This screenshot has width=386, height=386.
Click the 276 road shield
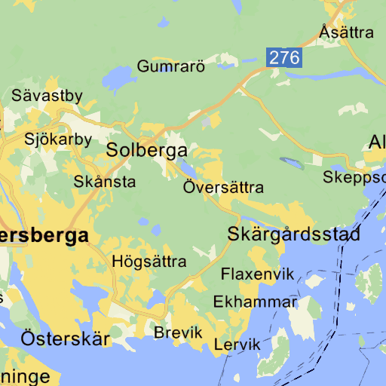(284, 57)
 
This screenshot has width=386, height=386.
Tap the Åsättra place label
(346, 32)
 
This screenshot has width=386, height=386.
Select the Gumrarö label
(171, 66)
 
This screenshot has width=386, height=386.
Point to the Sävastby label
(47, 96)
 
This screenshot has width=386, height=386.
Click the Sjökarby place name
(58, 139)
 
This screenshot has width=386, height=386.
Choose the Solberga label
(146, 150)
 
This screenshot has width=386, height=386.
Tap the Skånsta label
(105, 182)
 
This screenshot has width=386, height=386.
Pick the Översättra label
(223, 187)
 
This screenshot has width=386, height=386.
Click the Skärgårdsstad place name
(294, 234)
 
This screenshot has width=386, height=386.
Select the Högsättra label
(149, 262)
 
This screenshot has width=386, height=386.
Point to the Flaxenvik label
(257, 274)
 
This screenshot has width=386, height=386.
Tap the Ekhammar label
(255, 302)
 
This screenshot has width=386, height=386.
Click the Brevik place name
(179, 332)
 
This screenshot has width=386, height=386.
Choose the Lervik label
(237, 345)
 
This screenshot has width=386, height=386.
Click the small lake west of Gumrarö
(116, 75)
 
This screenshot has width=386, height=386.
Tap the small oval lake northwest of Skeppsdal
(290, 161)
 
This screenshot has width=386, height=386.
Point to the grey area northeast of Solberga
(207, 121)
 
